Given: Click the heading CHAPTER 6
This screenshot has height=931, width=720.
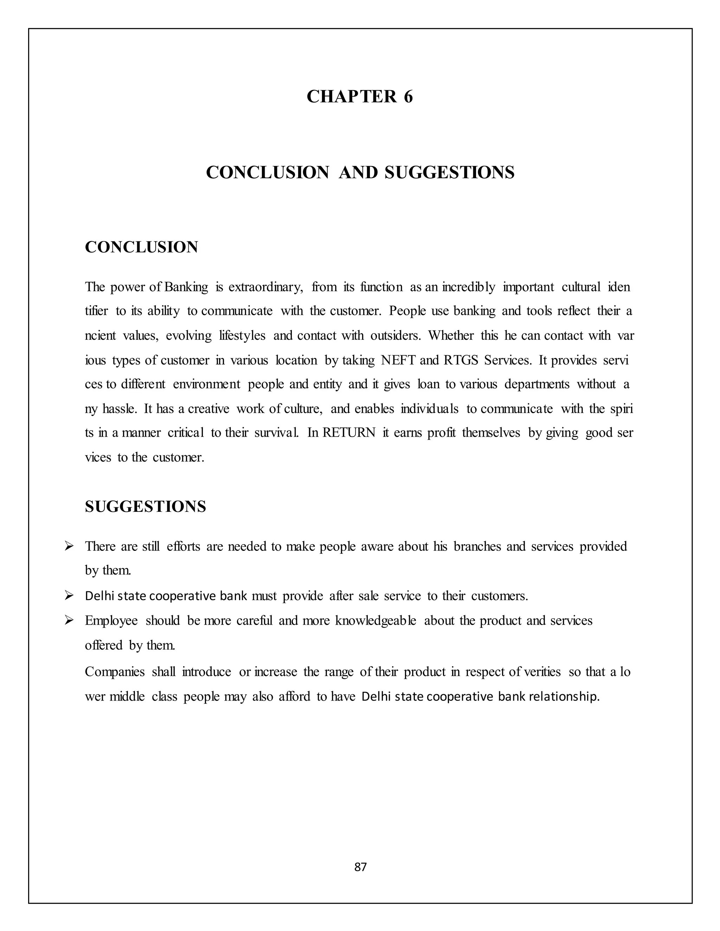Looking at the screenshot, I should coord(360,96).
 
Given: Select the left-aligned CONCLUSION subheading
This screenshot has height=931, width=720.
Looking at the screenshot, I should coord(141,247).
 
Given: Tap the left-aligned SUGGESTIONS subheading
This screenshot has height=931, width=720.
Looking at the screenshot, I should coord(146,506).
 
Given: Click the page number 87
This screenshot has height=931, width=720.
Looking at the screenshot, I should coord(360,867).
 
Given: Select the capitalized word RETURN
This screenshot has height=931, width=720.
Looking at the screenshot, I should coord(348,433).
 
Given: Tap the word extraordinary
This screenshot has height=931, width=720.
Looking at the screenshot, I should coord(265,287).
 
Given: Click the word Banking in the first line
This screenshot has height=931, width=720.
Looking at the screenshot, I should coord(186,287).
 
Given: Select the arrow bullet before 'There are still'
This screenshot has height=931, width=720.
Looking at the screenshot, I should coord(69,546).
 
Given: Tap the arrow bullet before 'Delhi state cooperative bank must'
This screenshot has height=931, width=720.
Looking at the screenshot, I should coord(69,595).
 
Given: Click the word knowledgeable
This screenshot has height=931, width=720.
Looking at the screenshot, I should coord(375,621).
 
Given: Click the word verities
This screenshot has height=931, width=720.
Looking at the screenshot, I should coord(542,672).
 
